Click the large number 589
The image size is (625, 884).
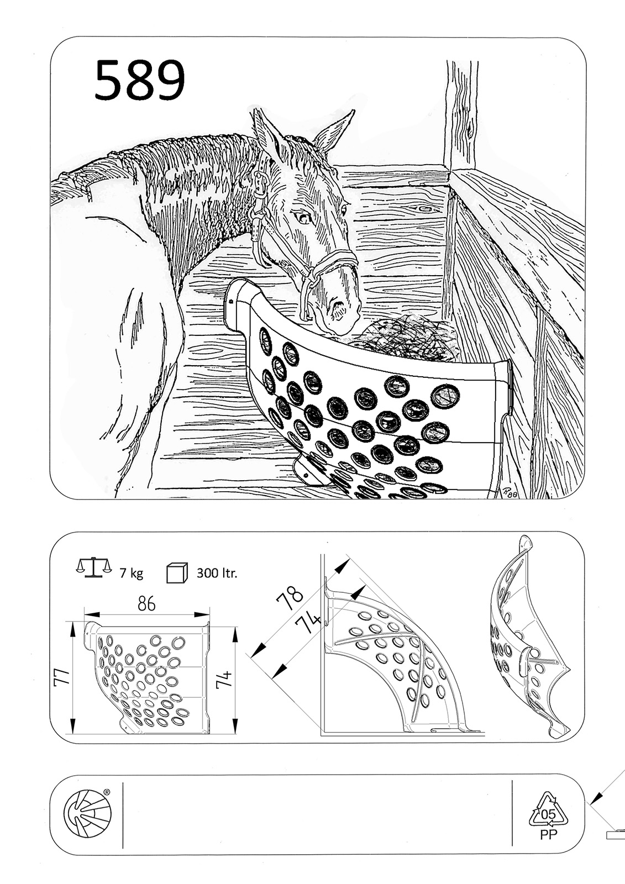tap(139, 80)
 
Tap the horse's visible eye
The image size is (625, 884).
tap(304, 217)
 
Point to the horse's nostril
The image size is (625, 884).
tap(339, 306)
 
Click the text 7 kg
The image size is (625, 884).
tap(132, 572)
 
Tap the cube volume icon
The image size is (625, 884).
tap(176, 572)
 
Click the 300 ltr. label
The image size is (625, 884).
tap(217, 572)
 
